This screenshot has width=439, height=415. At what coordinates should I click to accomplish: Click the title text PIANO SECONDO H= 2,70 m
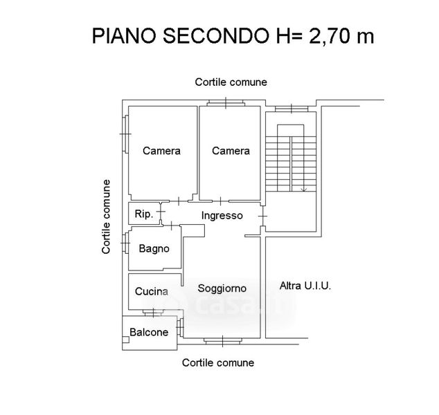(234, 36)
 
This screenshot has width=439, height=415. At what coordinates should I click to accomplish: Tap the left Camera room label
(161, 151)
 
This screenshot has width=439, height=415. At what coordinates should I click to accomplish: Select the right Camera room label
(231, 151)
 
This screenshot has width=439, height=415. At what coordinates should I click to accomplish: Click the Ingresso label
(222, 216)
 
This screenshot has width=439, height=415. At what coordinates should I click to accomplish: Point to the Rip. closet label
(143, 213)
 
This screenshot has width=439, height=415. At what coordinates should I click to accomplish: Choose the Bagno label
(154, 248)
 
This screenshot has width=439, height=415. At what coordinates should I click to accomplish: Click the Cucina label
(152, 292)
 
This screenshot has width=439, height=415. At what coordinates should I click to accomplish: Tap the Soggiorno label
(222, 288)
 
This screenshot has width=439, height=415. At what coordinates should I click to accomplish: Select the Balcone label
(149, 333)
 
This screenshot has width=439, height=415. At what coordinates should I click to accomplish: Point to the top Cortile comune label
(231, 82)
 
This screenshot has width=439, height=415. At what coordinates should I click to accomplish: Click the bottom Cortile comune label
(217, 362)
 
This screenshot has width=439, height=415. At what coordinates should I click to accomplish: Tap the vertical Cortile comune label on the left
(107, 216)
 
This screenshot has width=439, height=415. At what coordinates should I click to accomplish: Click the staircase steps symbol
(292, 156)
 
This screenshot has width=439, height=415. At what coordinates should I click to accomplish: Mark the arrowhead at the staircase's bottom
(303, 189)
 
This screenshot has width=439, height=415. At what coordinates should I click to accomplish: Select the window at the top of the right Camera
(225, 104)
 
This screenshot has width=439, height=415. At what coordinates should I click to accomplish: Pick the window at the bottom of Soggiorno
(223, 340)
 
